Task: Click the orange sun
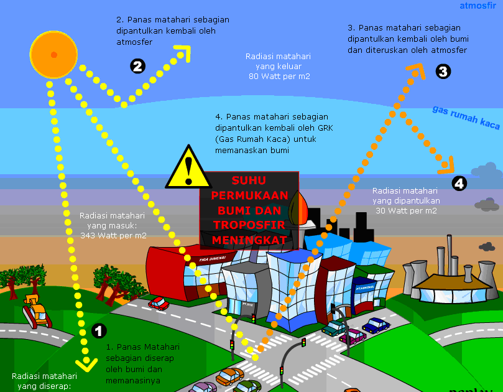coord(54,54)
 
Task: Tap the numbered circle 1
coord(99,330)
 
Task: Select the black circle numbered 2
coord(137,66)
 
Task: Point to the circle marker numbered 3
coord(443,72)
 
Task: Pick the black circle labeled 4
coord(459,183)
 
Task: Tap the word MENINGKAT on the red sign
coord(249,240)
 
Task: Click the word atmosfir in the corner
coord(478,7)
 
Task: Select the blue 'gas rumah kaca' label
coord(466,117)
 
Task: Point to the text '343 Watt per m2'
coord(114,236)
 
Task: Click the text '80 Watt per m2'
coord(279,77)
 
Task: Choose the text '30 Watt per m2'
coord(406,210)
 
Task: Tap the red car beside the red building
coord(159,303)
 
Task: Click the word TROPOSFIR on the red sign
coord(249,225)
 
